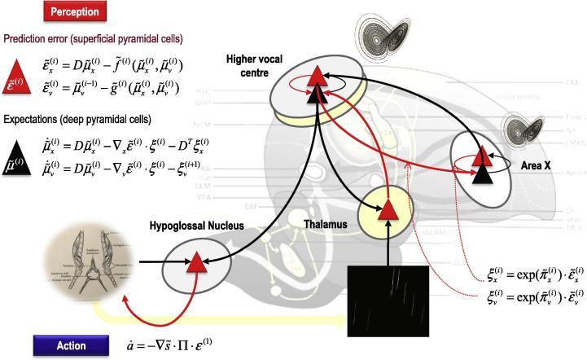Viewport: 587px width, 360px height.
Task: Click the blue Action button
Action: [x=71, y=346]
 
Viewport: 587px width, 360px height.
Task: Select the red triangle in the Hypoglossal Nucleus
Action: [x=196, y=261]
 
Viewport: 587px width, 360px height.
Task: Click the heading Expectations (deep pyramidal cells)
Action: [x=77, y=119]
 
